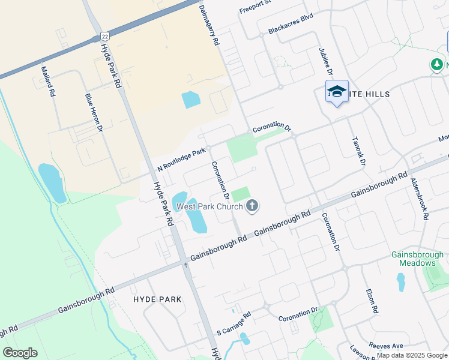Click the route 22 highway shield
(x=104, y=37)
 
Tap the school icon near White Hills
(x=337, y=92)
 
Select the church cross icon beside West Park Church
(x=252, y=206)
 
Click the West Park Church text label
(x=209, y=206)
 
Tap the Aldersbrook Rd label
(x=418, y=199)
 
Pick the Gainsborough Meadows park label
(x=417, y=259)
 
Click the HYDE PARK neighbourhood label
(x=154, y=299)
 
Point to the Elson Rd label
(x=372, y=302)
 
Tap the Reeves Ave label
(x=387, y=346)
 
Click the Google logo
(x=20, y=353)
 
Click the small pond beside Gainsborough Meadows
(x=401, y=282)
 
